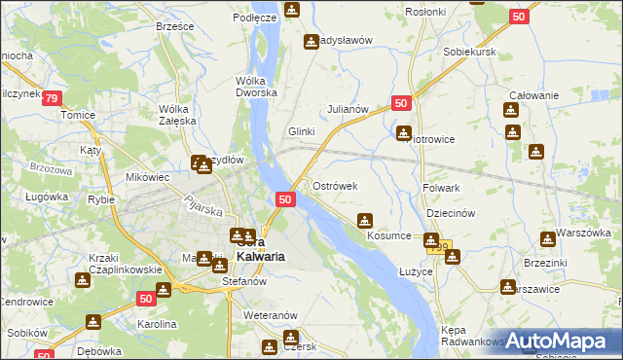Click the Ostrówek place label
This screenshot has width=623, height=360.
coord(335,185)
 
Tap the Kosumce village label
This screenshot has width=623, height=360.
coord(388,236)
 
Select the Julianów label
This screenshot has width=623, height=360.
coord(348,109)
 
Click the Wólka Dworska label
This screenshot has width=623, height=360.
coord(257,88)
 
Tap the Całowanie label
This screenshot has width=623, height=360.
coord(532,95)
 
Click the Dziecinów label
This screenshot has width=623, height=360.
coord(450,214)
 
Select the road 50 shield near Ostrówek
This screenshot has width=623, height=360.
coord(284,199)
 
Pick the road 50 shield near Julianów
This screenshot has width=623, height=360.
coord(402,102)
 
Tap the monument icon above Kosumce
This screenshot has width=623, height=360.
coord(365,220)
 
